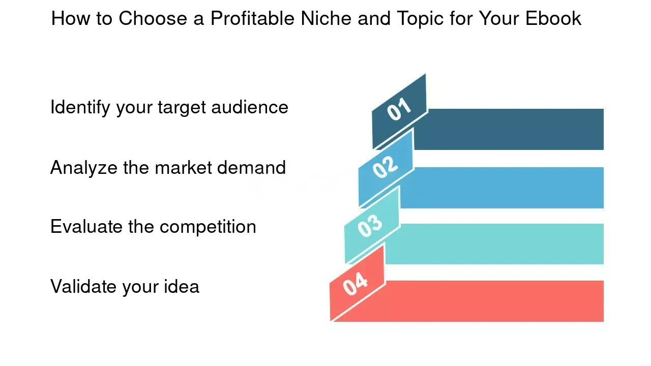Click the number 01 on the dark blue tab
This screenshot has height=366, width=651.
click(399, 109)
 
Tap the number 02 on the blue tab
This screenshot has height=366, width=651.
click(385, 167)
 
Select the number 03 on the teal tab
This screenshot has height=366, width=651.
click(370, 226)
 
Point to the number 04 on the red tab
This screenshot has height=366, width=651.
click(355, 284)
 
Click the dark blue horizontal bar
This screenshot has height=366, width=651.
click(509, 129)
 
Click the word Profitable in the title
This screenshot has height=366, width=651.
click(252, 18)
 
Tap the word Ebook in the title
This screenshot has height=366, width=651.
click(553, 18)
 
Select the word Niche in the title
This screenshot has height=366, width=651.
click(326, 18)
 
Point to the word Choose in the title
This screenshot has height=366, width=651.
click(153, 18)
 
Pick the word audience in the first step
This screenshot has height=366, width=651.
click(250, 107)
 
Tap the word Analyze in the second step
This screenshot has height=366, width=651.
click(84, 168)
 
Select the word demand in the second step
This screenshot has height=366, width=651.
click(251, 168)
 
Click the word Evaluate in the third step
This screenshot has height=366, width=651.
click(86, 227)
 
